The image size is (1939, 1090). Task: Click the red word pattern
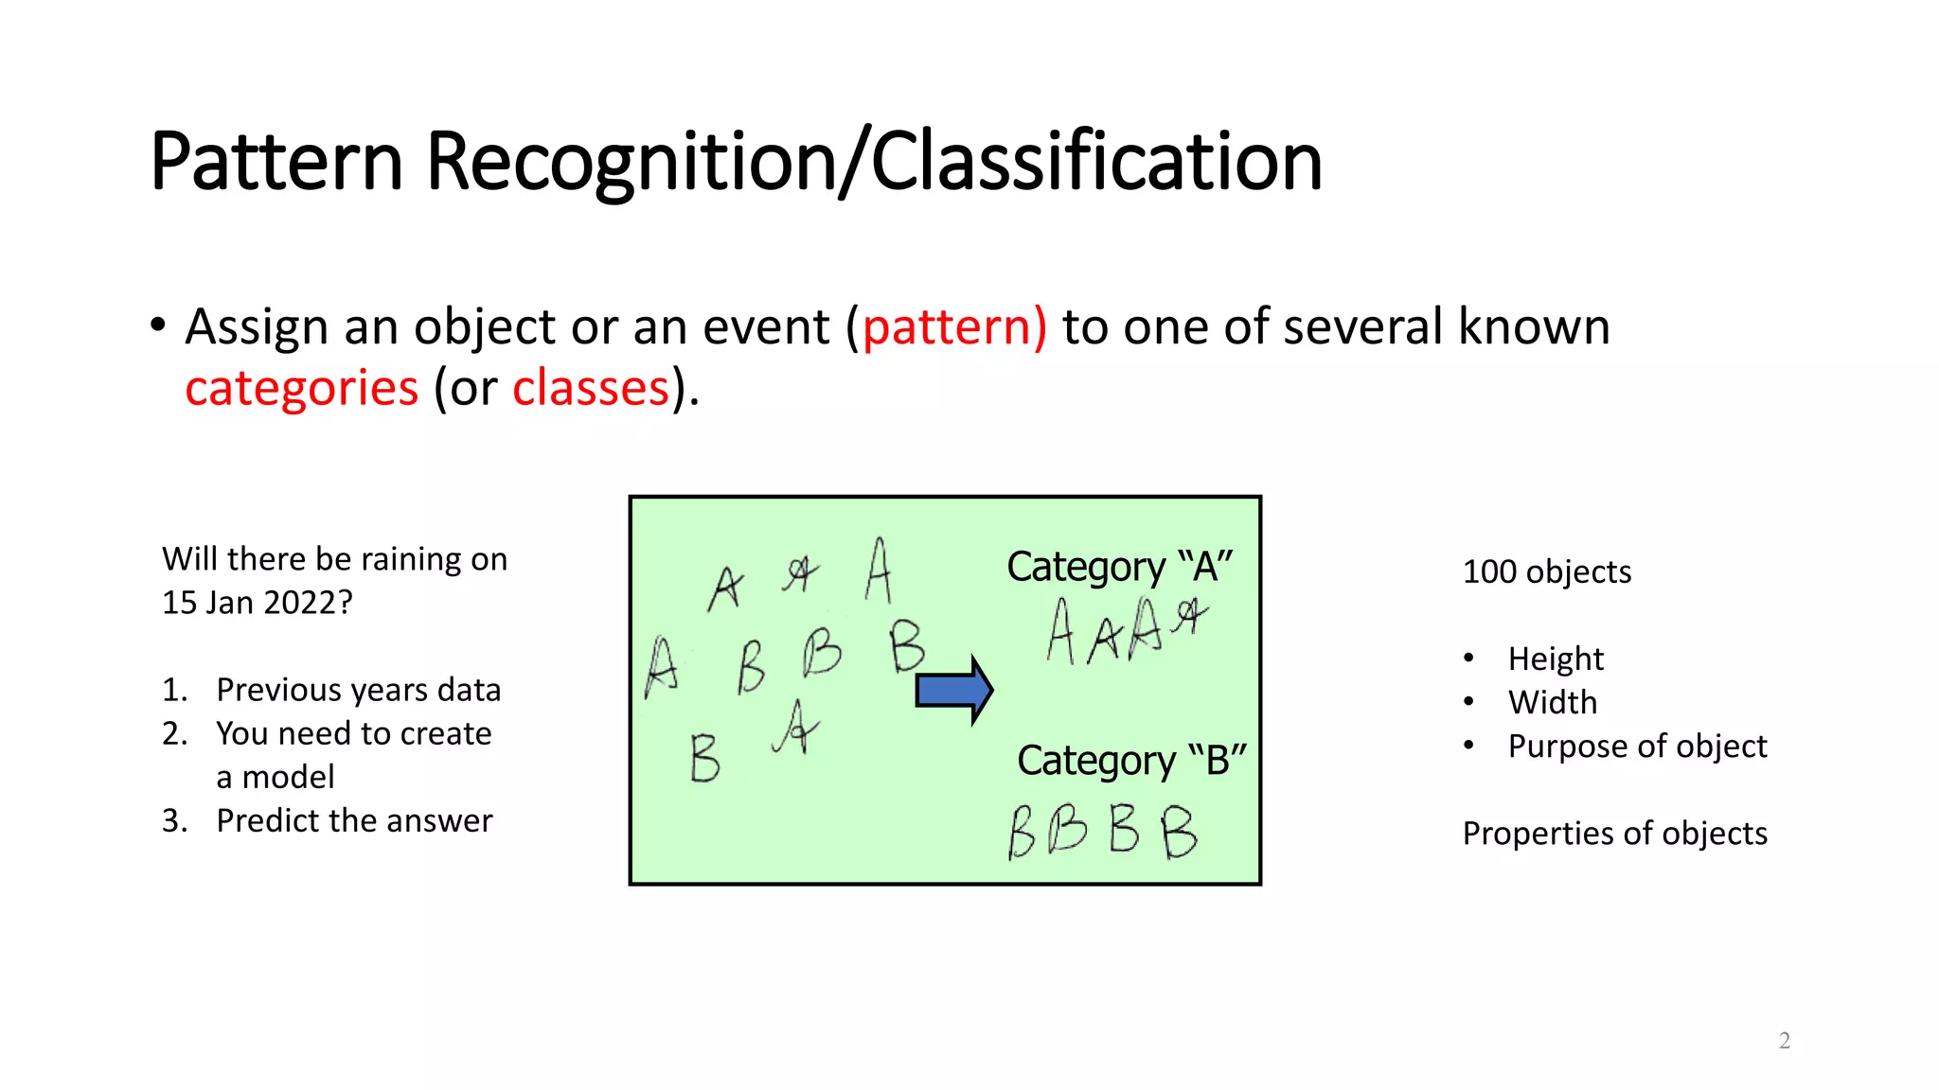click(x=953, y=327)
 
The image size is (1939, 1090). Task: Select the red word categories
click(x=301, y=389)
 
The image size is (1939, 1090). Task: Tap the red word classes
click(x=591, y=389)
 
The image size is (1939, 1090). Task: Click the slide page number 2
click(x=1784, y=1041)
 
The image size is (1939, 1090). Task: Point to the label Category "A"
click(x=1119, y=567)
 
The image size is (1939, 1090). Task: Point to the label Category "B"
click(x=1131, y=761)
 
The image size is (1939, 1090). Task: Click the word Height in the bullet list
click(x=1556, y=659)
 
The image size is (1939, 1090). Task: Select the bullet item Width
click(x=1553, y=702)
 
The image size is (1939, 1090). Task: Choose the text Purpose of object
click(x=1637, y=747)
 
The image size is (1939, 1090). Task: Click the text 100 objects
click(x=1546, y=572)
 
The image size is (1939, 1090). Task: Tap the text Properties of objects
click(x=1614, y=834)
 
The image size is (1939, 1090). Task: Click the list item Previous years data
click(x=358, y=690)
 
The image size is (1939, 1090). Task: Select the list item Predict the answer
click(x=354, y=820)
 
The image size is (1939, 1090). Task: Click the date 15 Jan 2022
click(x=250, y=603)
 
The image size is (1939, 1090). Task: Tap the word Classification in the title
click(x=1095, y=162)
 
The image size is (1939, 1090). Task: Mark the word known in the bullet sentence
click(x=1534, y=327)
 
